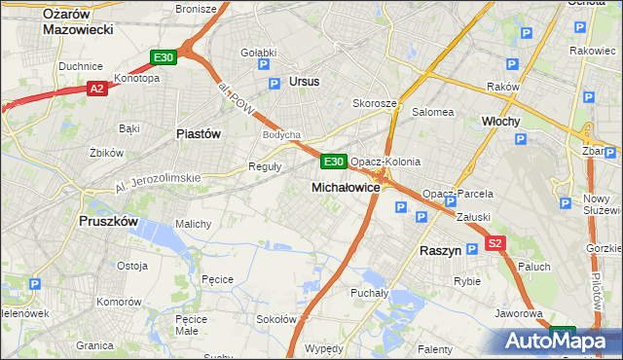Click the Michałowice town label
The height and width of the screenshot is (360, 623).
pos(346,186)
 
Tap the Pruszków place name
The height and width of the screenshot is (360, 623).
pos(108,221)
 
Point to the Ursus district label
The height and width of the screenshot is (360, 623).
pos(304,82)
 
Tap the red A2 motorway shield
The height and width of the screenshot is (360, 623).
pos(96,89)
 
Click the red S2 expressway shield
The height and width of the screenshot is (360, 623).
pos(495,244)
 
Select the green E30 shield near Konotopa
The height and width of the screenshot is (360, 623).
pos(163,58)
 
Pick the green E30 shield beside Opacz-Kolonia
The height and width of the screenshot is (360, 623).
pos(333,161)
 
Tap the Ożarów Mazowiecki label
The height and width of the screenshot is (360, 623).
pos(79,20)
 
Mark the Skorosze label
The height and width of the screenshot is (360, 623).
pos(375,103)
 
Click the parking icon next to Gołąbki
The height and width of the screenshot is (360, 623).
pos(263,65)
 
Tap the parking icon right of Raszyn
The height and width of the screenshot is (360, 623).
pos(472,249)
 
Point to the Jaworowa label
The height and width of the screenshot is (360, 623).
pos(518,313)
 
